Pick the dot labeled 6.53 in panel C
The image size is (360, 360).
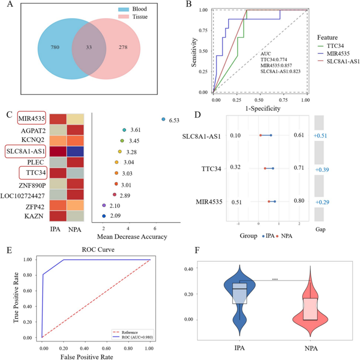coord(163,119)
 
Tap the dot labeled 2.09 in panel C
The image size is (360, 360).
coord(104,216)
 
